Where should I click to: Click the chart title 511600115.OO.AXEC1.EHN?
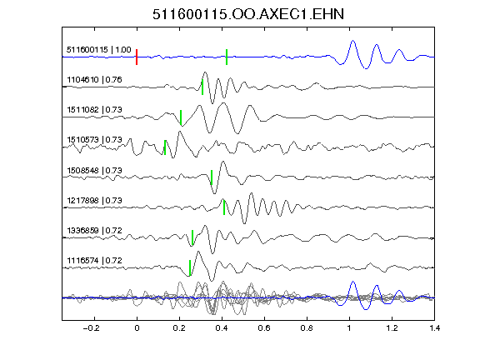pyautogui.click(x=248, y=14)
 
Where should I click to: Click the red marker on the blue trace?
pyautogui.click(x=137, y=57)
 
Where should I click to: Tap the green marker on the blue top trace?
pyautogui.click(x=227, y=57)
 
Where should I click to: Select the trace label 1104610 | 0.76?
pyautogui.click(x=94, y=80)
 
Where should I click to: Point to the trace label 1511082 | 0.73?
pyautogui.click(x=94, y=110)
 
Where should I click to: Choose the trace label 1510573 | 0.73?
pyautogui.click(x=94, y=140)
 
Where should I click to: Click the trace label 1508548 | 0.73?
pyautogui.click(x=94, y=170)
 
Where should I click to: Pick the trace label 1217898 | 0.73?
pyautogui.click(x=94, y=200)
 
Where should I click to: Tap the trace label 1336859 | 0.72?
pyautogui.click(x=94, y=230)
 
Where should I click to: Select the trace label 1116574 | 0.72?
pyautogui.click(x=94, y=261)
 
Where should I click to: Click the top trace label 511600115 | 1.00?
pyautogui.click(x=99, y=50)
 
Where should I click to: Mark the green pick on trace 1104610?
pyautogui.click(x=202, y=87)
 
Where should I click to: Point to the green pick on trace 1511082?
pyautogui.click(x=181, y=117)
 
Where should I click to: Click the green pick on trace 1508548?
pyautogui.click(x=212, y=177)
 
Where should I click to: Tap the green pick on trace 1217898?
pyautogui.click(x=224, y=207)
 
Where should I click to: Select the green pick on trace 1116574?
pyautogui.click(x=190, y=267)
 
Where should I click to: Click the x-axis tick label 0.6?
pyautogui.click(x=264, y=328)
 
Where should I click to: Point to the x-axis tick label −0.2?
pyautogui.click(x=91, y=328)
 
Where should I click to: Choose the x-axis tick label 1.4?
pyautogui.click(x=434, y=328)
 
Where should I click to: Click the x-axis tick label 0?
pyautogui.click(x=137, y=328)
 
